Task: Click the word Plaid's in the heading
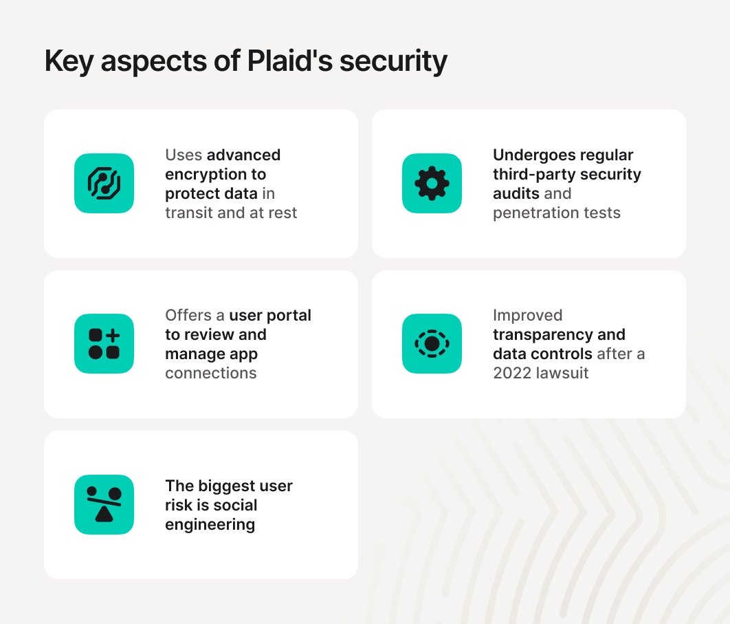click(x=289, y=61)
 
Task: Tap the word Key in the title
click(x=69, y=61)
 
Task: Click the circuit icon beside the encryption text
click(x=104, y=183)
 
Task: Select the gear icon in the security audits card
click(x=432, y=183)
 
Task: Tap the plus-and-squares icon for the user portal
click(x=104, y=343)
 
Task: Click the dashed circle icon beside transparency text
click(x=432, y=343)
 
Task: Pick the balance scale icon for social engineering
click(x=104, y=505)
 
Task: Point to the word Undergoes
click(x=526, y=155)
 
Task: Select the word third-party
click(x=535, y=175)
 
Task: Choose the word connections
click(x=211, y=374)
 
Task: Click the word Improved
click(x=527, y=316)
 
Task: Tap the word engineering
click(x=210, y=525)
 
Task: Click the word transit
click(x=189, y=213)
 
